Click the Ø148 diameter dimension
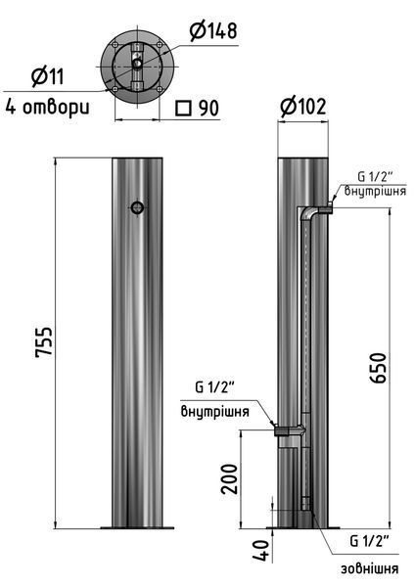[x=213, y=30]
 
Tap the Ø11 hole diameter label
[x=48, y=76]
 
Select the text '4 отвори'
[x=48, y=107]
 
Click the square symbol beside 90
[x=183, y=109]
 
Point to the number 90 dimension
[x=208, y=109]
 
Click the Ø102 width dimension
[x=303, y=107]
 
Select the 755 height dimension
[x=44, y=342]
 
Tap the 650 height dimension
[x=377, y=368]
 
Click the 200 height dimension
[x=229, y=479]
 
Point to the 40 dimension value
[x=261, y=550]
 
